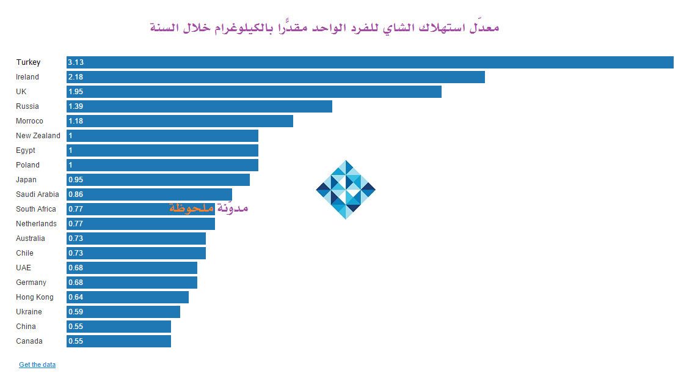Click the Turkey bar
pyautogui.click(x=370, y=62)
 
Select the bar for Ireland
pyautogui.click(x=275, y=77)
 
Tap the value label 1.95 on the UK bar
pyautogui.click(x=76, y=92)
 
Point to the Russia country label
pyautogui.click(x=27, y=106)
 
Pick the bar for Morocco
pyautogui.click(x=180, y=121)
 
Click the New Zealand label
pyautogui.click(x=38, y=136)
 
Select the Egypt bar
pyautogui.click(x=162, y=150)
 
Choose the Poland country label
pyautogui.click(x=27, y=165)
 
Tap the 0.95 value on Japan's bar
pyautogui.click(x=76, y=180)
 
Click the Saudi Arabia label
pyautogui.click(x=37, y=194)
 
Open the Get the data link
pyautogui.click(x=37, y=364)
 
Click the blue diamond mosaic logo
pyautogui.click(x=346, y=190)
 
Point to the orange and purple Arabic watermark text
pyautogui.click(x=209, y=208)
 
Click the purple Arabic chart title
pyautogui.click(x=324, y=28)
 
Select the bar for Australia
pyautogui.click(x=136, y=239)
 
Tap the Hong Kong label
pyautogui.click(x=35, y=297)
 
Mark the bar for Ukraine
pyautogui.click(x=123, y=312)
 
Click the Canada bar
pyautogui.click(x=118, y=341)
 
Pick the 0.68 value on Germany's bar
pyautogui.click(x=76, y=283)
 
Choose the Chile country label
pyautogui.click(x=25, y=253)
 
